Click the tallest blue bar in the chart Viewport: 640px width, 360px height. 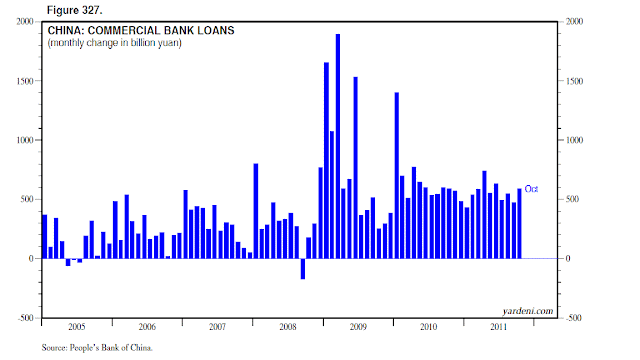pyautogui.click(x=338, y=146)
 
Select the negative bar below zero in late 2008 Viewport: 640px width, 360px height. pyautogui.click(x=303, y=269)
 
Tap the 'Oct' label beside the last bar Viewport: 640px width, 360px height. pyautogui.click(x=531, y=189)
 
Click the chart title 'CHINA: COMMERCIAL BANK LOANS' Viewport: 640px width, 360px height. pyautogui.click(x=141, y=31)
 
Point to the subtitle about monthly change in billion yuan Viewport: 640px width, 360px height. pyautogui.click(x=115, y=43)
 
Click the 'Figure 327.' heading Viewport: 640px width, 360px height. pyautogui.click(x=74, y=10)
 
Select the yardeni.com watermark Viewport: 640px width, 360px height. pyautogui.click(x=528, y=311)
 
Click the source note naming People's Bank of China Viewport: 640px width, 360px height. pyautogui.click(x=97, y=348)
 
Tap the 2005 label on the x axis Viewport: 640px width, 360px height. pyautogui.click(x=77, y=327)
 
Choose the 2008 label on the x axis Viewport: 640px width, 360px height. pyautogui.click(x=288, y=327)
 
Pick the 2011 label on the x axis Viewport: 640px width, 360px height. pyautogui.click(x=498, y=327)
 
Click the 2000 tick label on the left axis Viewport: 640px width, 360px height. pyautogui.click(x=24, y=21)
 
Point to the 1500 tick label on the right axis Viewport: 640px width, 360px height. pyautogui.click(x=574, y=81)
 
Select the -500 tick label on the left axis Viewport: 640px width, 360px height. pyautogui.click(x=25, y=318)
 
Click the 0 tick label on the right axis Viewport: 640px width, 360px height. pyautogui.click(x=568, y=258)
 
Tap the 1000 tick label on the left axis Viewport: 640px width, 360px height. pyautogui.click(x=24, y=140)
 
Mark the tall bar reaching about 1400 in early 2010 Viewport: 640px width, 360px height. pyautogui.click(x=397, y=176)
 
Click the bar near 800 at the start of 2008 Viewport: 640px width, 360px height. pyautogui.click(x=256, y=211)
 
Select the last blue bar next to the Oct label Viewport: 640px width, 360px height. pyautogui.click(x=520, y=224)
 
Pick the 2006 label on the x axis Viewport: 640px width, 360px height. pyautogui.click(x=147, y=327)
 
